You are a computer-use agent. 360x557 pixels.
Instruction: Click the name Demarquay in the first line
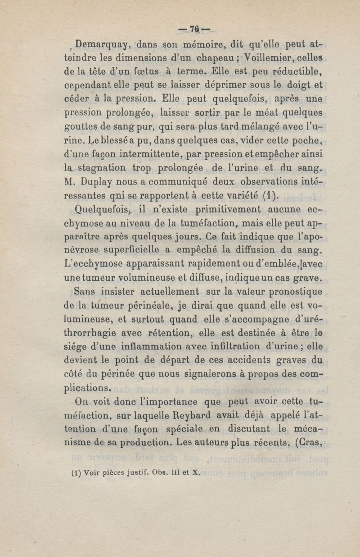(x=102, y=45)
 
